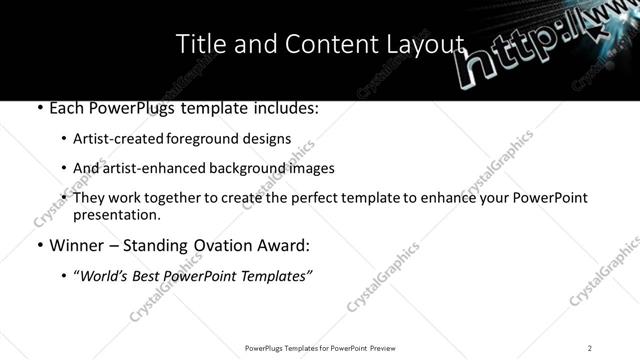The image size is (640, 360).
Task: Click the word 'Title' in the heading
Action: click(x=197, y=44)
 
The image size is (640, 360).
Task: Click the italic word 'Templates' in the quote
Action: click(x=275, y=276)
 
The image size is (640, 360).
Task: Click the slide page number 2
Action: click(x=590, y=347)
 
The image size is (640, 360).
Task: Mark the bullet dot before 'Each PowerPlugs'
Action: click(x=38, y=108)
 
